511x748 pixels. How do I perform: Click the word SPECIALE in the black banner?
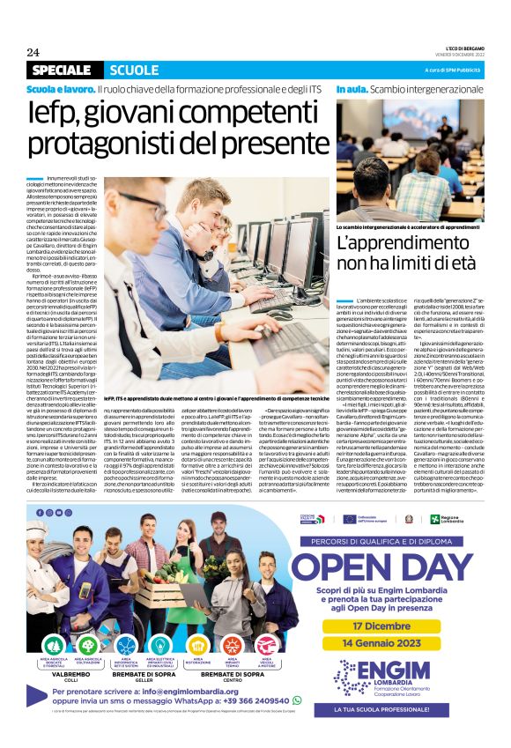pos(60,70)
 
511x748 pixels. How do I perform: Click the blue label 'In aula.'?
pos(352,91)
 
